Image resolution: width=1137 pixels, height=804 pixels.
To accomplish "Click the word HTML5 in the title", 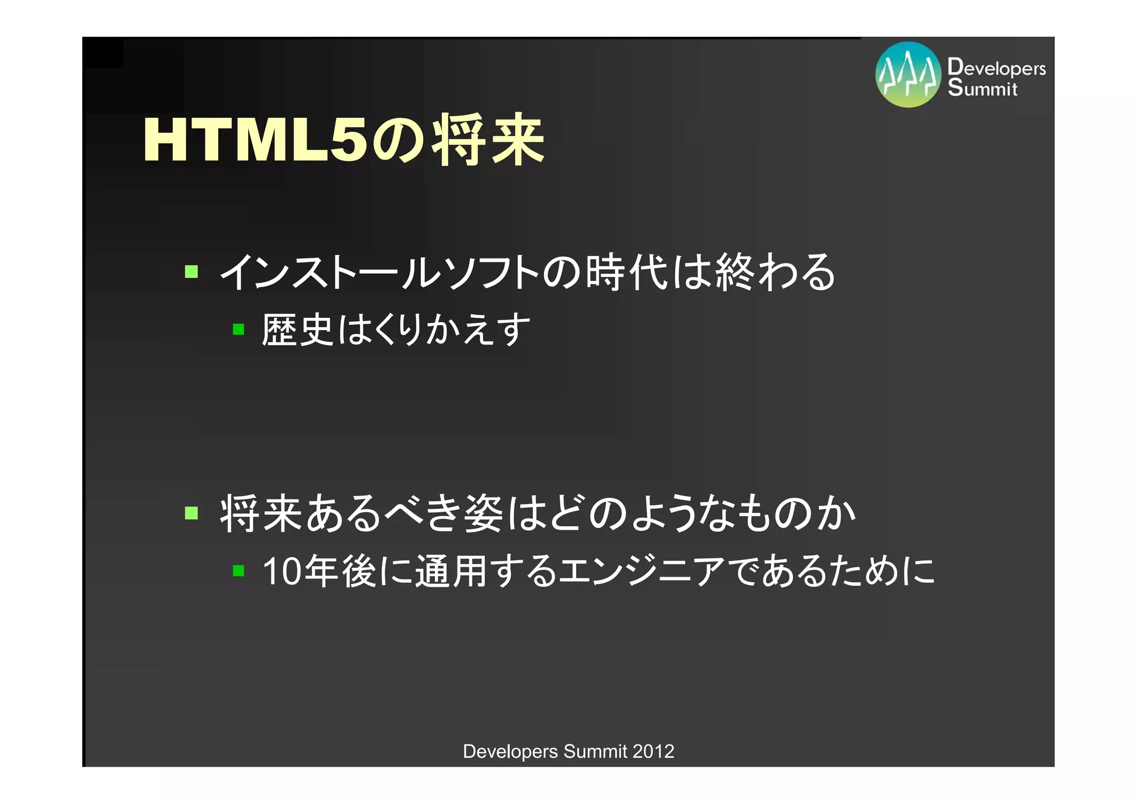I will tap(255, 141).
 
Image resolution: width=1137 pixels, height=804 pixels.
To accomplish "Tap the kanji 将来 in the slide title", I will tap(489, 141).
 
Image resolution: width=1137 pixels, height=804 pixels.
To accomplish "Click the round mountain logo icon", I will tap(908, 74).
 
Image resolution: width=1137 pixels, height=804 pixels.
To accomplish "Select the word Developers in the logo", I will tap(997, 67).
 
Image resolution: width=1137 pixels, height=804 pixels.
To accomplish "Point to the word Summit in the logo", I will tap(982, 88).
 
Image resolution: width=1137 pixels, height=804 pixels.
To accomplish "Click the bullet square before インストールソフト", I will tap(192, 272).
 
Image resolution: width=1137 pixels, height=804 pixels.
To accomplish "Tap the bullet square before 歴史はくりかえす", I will tap(239, 329).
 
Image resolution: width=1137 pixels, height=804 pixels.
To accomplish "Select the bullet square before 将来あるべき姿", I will tap(192, 512).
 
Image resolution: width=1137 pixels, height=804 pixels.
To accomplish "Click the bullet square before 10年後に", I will tap(239, 571).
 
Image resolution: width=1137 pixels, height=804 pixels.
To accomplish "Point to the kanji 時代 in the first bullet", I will tap(627, 272).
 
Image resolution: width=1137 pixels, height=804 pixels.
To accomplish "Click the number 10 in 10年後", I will tap(282, 571).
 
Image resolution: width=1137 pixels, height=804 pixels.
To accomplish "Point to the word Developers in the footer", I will tap(510, 751).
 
